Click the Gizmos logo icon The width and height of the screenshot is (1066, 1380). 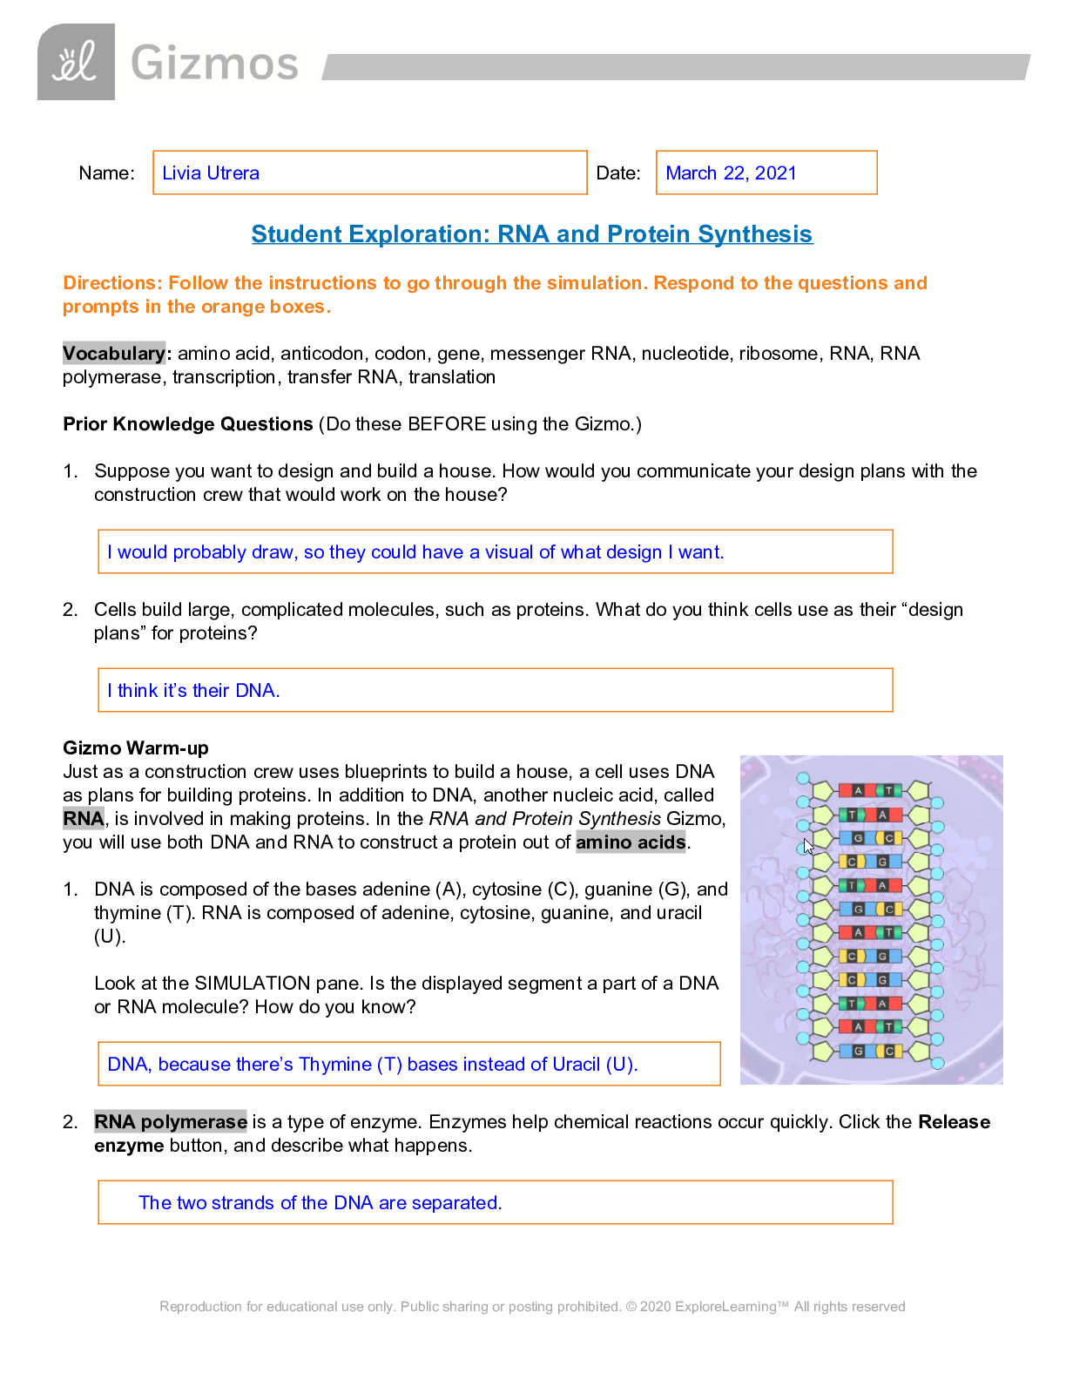76,62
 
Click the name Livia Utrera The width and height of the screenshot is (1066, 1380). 211,172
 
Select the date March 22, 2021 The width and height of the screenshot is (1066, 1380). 731,172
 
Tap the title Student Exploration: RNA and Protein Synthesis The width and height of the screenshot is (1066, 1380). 531,234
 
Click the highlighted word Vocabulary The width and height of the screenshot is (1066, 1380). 113,353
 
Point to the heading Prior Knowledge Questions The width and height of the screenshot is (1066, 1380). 187,424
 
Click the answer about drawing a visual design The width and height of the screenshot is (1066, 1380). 415,552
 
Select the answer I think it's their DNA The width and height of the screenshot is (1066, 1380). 193,691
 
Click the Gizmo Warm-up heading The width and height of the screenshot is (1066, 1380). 136,748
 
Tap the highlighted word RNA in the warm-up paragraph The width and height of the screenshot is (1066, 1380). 84,819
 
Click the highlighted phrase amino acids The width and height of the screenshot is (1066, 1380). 631,842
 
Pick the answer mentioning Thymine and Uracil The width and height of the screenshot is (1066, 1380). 372,1065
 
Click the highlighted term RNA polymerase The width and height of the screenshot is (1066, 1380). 171,1122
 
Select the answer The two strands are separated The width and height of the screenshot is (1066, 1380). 320,1203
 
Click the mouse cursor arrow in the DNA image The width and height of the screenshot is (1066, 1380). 808,846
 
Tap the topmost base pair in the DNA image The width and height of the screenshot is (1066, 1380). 870,790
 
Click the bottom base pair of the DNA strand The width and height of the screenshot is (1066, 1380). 870,1051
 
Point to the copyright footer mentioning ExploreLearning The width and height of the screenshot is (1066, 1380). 532,1307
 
